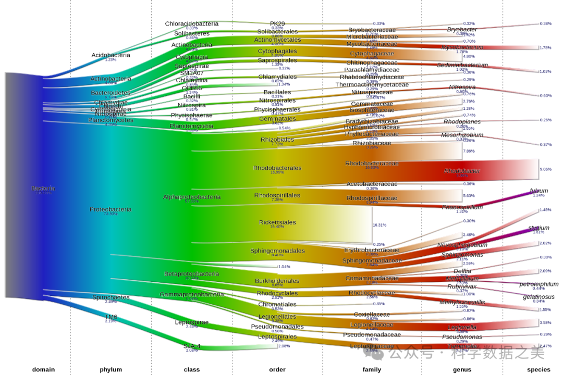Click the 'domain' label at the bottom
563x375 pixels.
tap(43, 370)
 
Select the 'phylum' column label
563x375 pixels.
tap(111, 370)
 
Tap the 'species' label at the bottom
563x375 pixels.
tap(538, 370)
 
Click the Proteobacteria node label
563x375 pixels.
tap(111, 209)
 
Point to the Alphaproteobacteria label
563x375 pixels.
tap(192, 197)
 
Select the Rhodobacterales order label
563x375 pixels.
tap(277, 168)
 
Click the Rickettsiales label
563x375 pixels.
tap(277, 222)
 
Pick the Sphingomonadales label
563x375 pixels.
tap(277, 251)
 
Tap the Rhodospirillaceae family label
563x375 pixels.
tap(372, 198)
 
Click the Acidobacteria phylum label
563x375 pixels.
tap(111, 55)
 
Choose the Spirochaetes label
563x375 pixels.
tap(111, 297)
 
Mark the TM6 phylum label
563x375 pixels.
tap(111, 317)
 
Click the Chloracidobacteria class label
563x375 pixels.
tap(192, 24)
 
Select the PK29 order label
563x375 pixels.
tap(277, 24)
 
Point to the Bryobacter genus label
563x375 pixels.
tap(462, 30)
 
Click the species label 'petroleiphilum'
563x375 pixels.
tap(538, 284)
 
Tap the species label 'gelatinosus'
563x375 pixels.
tap(538, 297)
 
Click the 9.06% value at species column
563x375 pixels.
tap(545, 169)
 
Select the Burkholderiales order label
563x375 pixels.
tap(277, 281)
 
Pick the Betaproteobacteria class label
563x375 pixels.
tap(192, 274)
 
